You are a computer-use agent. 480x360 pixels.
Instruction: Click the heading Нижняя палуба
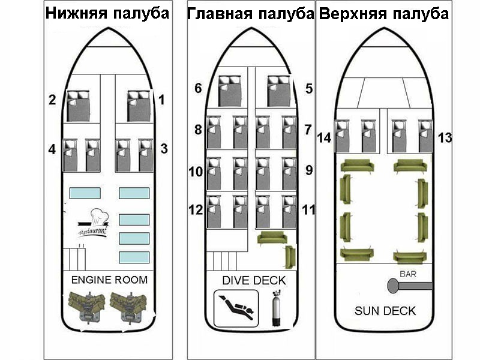[x=107, y=14]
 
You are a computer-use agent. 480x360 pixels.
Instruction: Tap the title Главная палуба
[x=251, y=14]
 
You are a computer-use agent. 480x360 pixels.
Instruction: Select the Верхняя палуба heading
[x=384, y=14]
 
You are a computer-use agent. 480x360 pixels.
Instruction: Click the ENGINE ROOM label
[x=109, y=280]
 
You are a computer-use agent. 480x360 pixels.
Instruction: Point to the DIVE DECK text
[x=254, y=280]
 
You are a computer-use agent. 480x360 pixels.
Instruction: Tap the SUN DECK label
[x=385, y=311]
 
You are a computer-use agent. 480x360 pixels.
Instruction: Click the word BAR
[x=408, y=274]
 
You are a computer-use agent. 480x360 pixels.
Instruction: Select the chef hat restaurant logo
[x=94, y=223]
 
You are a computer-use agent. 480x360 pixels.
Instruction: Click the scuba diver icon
[x=236, y=308]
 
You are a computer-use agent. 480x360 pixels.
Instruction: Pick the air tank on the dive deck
[x=277, y=308]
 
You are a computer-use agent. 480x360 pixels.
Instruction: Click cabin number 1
[x=161, y=100]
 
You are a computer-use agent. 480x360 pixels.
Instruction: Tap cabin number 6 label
[x=199, y=88]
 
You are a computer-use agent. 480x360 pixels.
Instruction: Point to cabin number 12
[x=196, y=210]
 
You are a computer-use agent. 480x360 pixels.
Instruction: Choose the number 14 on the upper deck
[x=324, y=138]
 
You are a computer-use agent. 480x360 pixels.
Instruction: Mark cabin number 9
[x=309, y=170]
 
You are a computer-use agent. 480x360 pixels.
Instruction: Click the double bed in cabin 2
[x=79, y=106]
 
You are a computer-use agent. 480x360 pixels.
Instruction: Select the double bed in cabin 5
[x=278, y=91]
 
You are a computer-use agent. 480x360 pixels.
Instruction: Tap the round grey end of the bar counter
[x=393, y=286]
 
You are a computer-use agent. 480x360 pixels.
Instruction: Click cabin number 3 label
[x=164, y=149]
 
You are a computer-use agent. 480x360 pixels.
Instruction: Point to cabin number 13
[x=445, y=138]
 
